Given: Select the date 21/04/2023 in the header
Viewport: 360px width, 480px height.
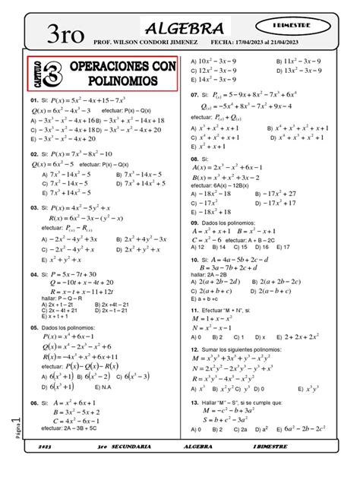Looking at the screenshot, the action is coord(291,43).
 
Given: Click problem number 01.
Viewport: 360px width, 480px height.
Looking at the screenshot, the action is coord(34,100).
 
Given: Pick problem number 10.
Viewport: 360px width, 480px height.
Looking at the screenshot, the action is coord(194,259).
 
